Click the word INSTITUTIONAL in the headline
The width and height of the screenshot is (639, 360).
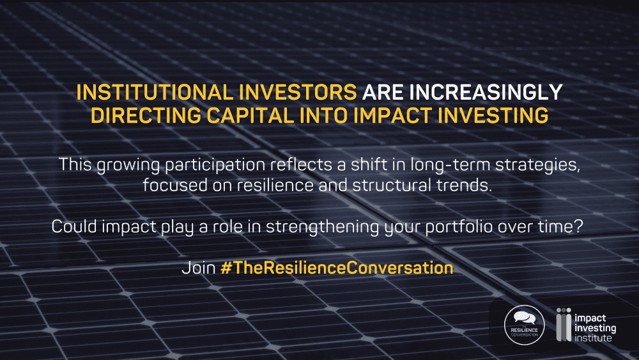click(x=155, y=92)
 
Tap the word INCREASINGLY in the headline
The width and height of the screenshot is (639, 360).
click(x=486, y=92)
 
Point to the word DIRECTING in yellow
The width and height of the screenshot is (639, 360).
click(x=146, y=115)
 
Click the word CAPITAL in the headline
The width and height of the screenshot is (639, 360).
click(x=250, y=115)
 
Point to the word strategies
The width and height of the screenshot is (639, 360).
click(x=537, y=165)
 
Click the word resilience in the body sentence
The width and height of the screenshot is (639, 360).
click(x=275, y=185)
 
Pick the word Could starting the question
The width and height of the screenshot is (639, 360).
click(x=74, y=226)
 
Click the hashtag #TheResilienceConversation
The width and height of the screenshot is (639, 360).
click(x=337, y=268)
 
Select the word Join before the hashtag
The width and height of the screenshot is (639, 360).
click(x=199, y=268)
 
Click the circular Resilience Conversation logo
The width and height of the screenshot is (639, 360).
click(x=525, y=325)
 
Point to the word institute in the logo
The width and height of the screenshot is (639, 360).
click(x=593, y=338)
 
